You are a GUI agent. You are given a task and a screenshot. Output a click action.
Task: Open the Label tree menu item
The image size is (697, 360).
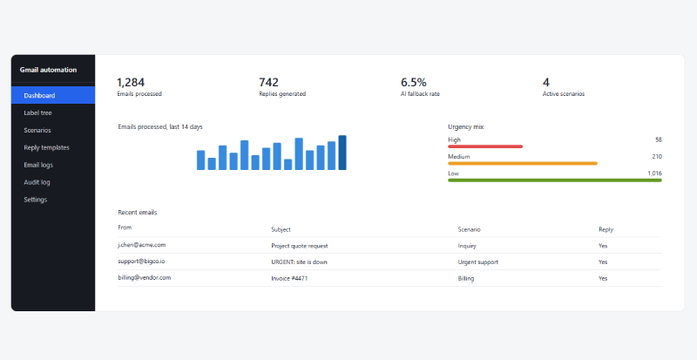pos(37,113)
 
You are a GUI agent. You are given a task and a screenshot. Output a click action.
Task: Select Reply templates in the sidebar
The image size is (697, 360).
pos(47,147)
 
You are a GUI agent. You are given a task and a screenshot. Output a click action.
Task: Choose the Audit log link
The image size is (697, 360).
pos(37,182)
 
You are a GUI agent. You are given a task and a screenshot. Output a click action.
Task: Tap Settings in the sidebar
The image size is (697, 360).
pos(36,200)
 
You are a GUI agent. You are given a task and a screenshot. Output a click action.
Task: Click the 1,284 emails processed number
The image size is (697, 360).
pos(131,82)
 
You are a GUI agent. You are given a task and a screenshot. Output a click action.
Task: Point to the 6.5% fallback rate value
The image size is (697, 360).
pos(413,82)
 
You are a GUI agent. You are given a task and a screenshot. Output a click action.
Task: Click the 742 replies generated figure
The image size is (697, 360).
pos(268,82)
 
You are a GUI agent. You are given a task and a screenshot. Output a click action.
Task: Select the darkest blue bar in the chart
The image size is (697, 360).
pos(342,153)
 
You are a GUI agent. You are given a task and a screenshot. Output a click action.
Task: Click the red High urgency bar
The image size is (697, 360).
pos(485,146)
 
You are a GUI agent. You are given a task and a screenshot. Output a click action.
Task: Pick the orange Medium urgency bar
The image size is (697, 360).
pos(523,163)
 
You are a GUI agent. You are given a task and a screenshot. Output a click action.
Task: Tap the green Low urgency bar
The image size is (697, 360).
pos(555,180)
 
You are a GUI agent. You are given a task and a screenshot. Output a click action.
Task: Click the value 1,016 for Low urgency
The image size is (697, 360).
pos(655,173)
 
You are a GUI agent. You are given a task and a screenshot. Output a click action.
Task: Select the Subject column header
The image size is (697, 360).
pos(281,229)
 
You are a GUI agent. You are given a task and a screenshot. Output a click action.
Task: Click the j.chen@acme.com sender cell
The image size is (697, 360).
pos(142,245)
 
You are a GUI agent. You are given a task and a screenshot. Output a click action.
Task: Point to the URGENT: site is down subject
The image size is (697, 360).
pos(299,262)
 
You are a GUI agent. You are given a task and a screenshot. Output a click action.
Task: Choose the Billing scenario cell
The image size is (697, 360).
pos(466,279)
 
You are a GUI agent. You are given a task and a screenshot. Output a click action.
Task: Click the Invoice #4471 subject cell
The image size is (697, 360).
pos(289,279)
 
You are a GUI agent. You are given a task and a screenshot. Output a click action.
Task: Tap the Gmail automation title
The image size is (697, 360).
pos(49,70)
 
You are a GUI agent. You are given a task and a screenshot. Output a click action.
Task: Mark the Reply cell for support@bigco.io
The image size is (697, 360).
pos(603,262)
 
